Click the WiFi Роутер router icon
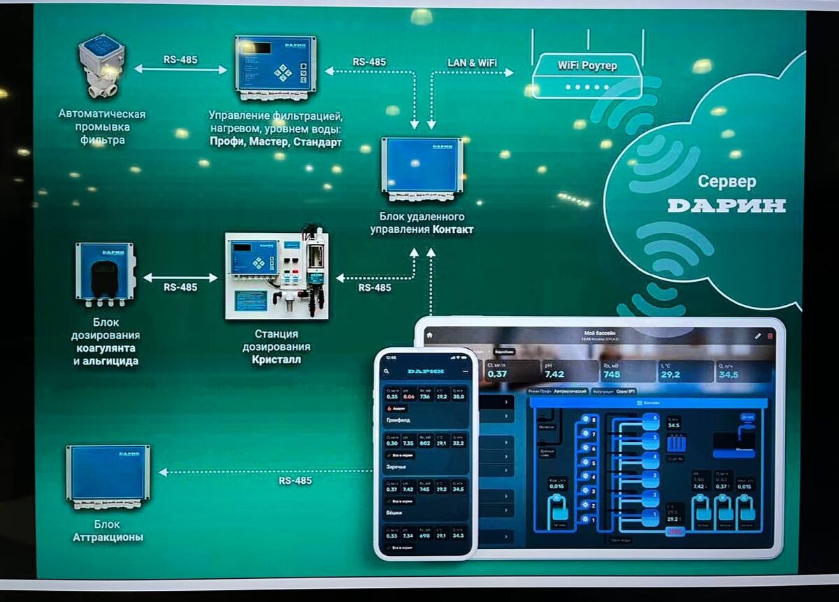(587, 76)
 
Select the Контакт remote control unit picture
(422, 169)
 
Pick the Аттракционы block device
(108, 474)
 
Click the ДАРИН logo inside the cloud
(726, 206)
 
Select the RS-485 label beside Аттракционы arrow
(295, 481)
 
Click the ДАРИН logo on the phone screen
(426, 371)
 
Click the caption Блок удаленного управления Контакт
(422, 223)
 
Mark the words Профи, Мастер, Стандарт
(275, 142)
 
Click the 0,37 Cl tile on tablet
(508, 371)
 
